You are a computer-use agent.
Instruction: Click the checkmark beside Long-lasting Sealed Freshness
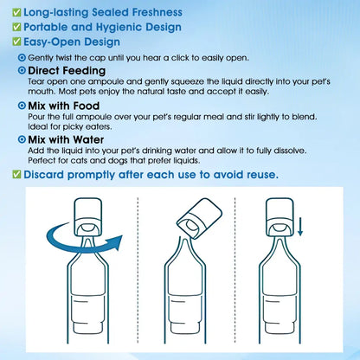[16, 12]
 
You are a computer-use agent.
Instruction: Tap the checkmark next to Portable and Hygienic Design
[16, 27]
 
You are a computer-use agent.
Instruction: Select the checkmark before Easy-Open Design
[16, 42]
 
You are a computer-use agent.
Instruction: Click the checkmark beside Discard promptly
[16, 175]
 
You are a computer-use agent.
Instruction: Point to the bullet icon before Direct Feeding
[22, 70]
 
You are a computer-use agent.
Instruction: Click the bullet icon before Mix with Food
[22, 106]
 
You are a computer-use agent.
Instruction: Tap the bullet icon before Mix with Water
[22, 139]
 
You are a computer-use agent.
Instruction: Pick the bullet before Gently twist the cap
[22, 58]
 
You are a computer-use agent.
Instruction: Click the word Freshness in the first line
[157, 12]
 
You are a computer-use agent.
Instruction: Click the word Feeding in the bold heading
[84, 71]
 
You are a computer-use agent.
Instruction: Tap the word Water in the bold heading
[88, 140]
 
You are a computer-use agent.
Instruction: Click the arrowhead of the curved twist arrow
[115, 242]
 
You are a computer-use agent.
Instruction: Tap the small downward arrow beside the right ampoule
[300, 227]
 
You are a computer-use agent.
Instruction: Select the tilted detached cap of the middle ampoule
[199, 218]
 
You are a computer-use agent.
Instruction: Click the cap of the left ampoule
[88, 216]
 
